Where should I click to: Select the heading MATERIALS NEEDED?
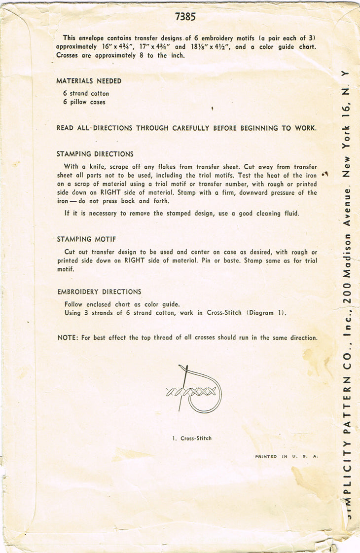point(89,81)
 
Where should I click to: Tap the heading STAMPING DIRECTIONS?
point(95,154)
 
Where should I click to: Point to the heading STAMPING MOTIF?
point(86,239)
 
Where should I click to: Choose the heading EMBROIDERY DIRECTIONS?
point(99,292)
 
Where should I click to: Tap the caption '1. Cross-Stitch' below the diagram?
point(192,438)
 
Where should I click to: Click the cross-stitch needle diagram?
point(195,390)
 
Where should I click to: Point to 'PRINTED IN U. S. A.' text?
point(287,457)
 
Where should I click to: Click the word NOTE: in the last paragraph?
point(68,338)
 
